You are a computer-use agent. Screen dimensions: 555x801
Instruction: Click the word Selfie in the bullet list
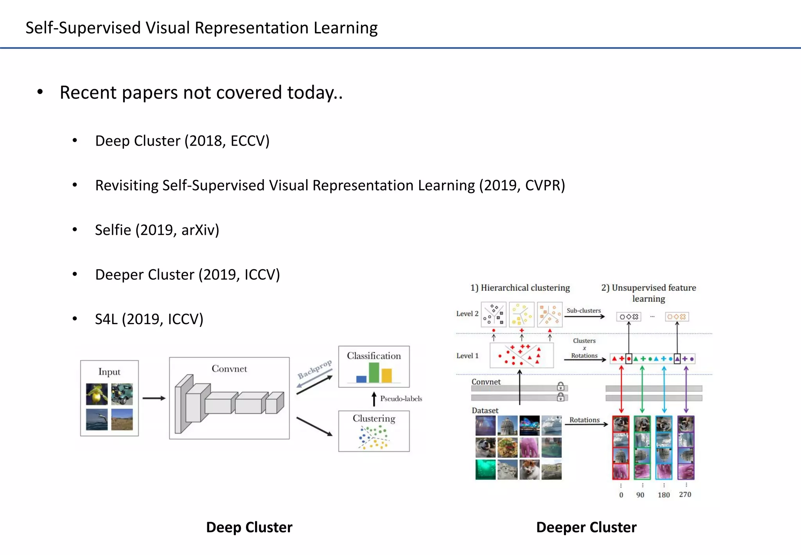coord(113,230)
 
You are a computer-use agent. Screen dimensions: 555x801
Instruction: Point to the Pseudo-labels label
coord(401,398)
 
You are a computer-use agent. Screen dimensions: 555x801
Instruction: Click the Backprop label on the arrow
coord(314,369)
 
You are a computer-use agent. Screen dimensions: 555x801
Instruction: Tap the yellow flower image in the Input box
coord(97,394)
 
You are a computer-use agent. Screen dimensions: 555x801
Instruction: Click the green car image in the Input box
coord(122,394)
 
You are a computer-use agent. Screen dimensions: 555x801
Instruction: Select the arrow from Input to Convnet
coord(154,398)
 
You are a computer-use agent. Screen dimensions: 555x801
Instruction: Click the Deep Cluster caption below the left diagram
coord(249,527)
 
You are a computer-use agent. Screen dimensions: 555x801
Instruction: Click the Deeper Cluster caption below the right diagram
coord(586,527)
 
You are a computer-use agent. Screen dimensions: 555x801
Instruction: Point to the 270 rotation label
coord(685,494)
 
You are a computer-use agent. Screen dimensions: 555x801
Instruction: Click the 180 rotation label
coord(663,495)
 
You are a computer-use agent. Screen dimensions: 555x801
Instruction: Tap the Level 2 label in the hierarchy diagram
coord(467,314)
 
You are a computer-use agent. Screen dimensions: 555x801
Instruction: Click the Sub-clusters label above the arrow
coord(584,310)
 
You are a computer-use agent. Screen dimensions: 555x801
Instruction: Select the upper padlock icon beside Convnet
coord(560,386)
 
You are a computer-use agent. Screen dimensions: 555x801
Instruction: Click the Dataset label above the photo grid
coord(485,411)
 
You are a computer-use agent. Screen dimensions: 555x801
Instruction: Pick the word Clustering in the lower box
coord(374,418)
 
